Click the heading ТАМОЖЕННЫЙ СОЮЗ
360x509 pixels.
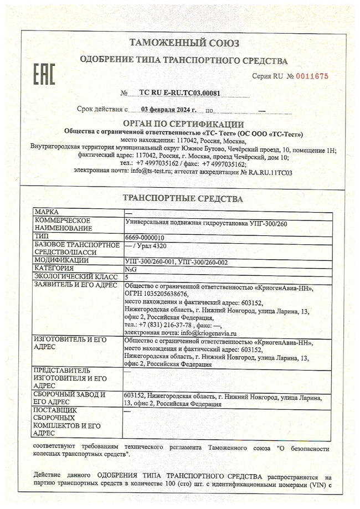[x=184, y=43]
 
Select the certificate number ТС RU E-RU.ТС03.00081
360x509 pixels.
[x=171, y=94]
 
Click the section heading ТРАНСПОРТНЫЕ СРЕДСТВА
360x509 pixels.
[x=182, y=198]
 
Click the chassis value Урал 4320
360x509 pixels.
[x=152, y=248]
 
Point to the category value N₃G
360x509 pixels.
[x=131, y=268]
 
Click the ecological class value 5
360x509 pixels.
[x=127, y=276]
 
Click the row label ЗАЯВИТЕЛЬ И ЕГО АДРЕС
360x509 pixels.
[x=75, y=285]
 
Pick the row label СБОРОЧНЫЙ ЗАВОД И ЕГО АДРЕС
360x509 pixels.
[x=69, y=399]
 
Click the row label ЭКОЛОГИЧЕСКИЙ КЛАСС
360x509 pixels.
[x=75, y=276]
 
